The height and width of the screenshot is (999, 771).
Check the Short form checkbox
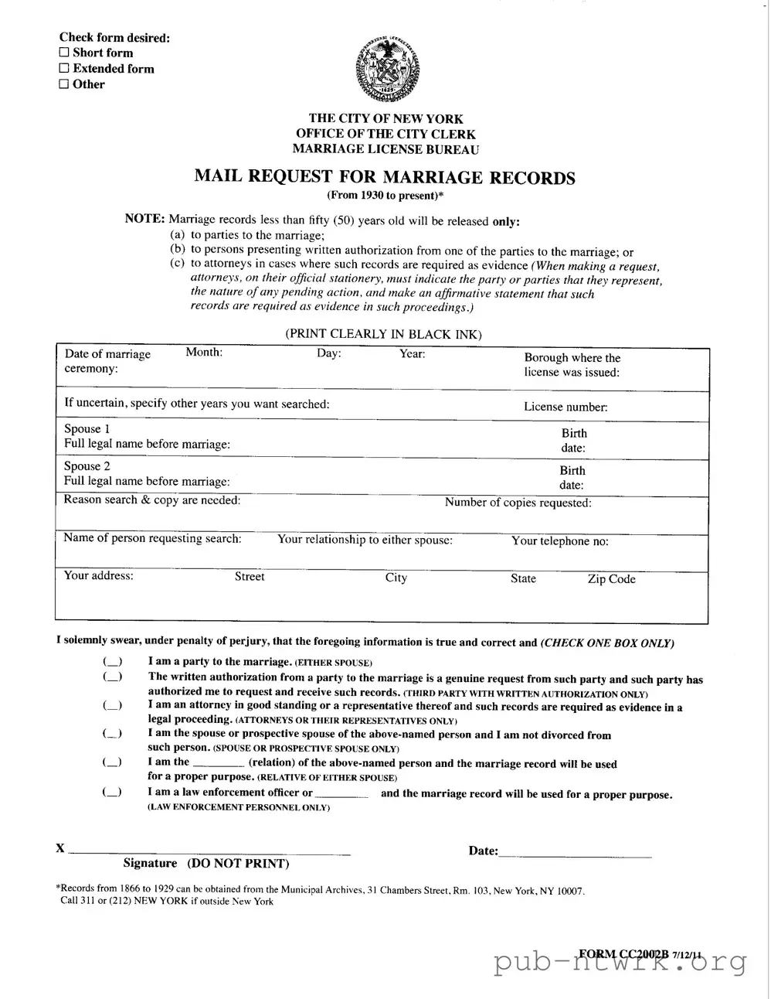pos(64,53)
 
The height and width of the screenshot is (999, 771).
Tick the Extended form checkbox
pos(64,69)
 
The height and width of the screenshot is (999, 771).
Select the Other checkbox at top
pos(64,85)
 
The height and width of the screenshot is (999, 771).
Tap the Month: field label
pos(204,353)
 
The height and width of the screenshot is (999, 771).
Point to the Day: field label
pos(329,353)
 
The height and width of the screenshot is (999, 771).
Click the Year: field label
pos(412,353)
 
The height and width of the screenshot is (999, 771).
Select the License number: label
pos(566,407)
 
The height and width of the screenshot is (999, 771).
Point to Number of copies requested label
pos(518,503)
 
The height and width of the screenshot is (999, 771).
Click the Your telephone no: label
pos(559,541)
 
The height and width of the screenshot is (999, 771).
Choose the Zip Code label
pos(611,579)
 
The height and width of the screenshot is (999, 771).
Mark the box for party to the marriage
pos(112,662)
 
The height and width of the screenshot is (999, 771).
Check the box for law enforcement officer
pos(112,793)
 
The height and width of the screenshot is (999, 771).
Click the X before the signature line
pos(60,848)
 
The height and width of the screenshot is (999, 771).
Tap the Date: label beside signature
pos(483,851)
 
